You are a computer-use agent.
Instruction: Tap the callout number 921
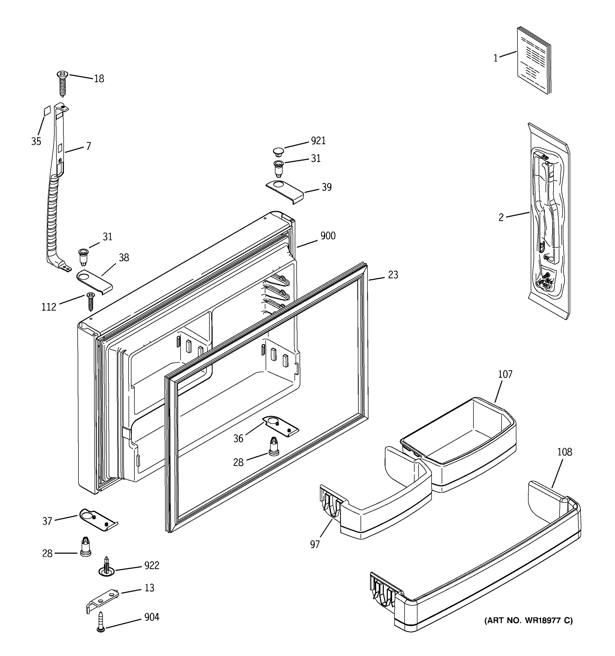pyautogui.click(x=318, y=141)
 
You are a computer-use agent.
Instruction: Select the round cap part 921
pyautogui.click(x=279, y=152)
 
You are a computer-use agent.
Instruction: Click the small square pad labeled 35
pyautogui.click(x=47, y=111)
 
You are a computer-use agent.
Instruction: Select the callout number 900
pyautogui.click(x=328, y=236)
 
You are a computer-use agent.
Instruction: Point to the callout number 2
pyautogui.click(x=501, y=218)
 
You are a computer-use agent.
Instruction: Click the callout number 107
pyautogui.click(x=505, y=374)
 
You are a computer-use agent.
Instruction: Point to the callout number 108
pyautogui.click(x=564, y=452)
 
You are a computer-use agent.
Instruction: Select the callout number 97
pyautogui.click(x=315, y=544)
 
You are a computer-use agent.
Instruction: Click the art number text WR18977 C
pyautogui.click(x=528, y=621)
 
